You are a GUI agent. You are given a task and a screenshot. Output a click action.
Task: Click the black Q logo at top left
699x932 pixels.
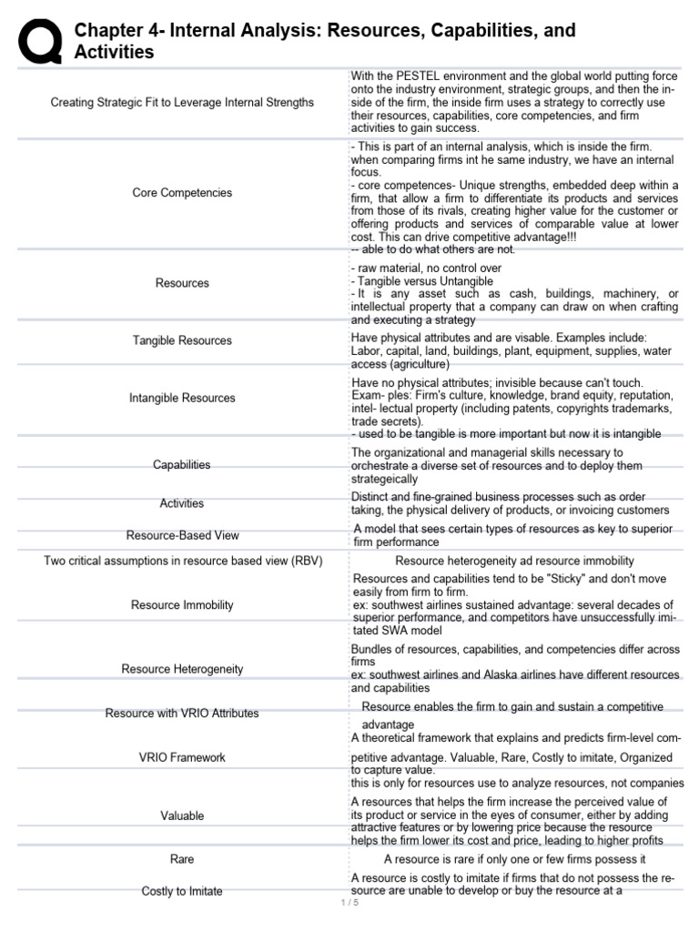point(40,42)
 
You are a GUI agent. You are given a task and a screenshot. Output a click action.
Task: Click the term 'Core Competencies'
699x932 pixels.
point(182,193)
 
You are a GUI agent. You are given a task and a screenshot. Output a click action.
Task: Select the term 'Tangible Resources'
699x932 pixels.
point(182,340)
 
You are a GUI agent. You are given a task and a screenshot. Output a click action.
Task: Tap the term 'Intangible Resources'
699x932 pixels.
point(182,398)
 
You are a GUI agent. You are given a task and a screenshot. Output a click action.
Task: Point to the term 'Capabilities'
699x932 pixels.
point(182,465)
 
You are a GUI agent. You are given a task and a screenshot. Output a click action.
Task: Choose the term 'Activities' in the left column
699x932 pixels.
point(182,503)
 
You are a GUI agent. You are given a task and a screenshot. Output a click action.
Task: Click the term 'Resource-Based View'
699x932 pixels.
point(182,536)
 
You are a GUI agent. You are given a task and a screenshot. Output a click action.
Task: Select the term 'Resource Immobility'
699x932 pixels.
point(182,605)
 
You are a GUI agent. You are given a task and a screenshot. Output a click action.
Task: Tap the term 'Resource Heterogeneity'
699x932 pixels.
point(182,669)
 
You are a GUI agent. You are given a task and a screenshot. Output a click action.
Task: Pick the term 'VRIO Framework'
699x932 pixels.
point(182,757)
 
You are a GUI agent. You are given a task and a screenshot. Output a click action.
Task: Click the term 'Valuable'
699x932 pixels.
point(182,816)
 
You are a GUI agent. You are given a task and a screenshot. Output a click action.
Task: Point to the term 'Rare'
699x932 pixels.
point(182,859)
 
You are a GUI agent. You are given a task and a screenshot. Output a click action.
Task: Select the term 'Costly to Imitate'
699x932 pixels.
point(182,891)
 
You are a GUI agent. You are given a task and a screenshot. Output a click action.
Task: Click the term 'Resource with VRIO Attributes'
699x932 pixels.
point(182,714)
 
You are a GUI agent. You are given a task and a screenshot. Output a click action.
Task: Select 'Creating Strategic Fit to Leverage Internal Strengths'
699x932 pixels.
point(182,103)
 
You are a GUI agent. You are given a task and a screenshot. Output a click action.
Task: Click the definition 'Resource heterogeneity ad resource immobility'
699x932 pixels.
point(514,561)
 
